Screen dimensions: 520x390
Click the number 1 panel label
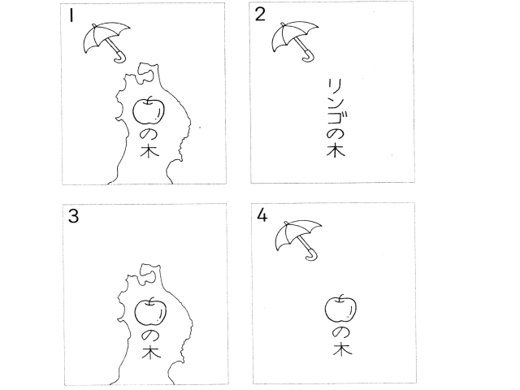tap(71, 15)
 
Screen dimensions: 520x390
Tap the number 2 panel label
tap(260, 15)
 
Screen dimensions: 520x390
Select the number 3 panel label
tap(73, 217)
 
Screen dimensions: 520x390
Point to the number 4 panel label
tap(262, 216)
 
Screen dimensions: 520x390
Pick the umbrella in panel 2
tap(295, 41)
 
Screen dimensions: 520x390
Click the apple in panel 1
tap(149, 110)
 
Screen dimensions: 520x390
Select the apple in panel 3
tap(150, 312)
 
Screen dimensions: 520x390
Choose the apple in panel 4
tap(340, 308)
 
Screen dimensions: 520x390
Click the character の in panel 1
tap(149, 135)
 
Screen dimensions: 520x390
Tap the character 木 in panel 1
tap(149, 151)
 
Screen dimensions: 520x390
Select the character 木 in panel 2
tap(336, 150)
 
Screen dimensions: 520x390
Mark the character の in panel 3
tap(150, 336)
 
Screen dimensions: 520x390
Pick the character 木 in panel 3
tap(151, 352)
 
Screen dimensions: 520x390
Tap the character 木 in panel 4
tap(343, 349)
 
